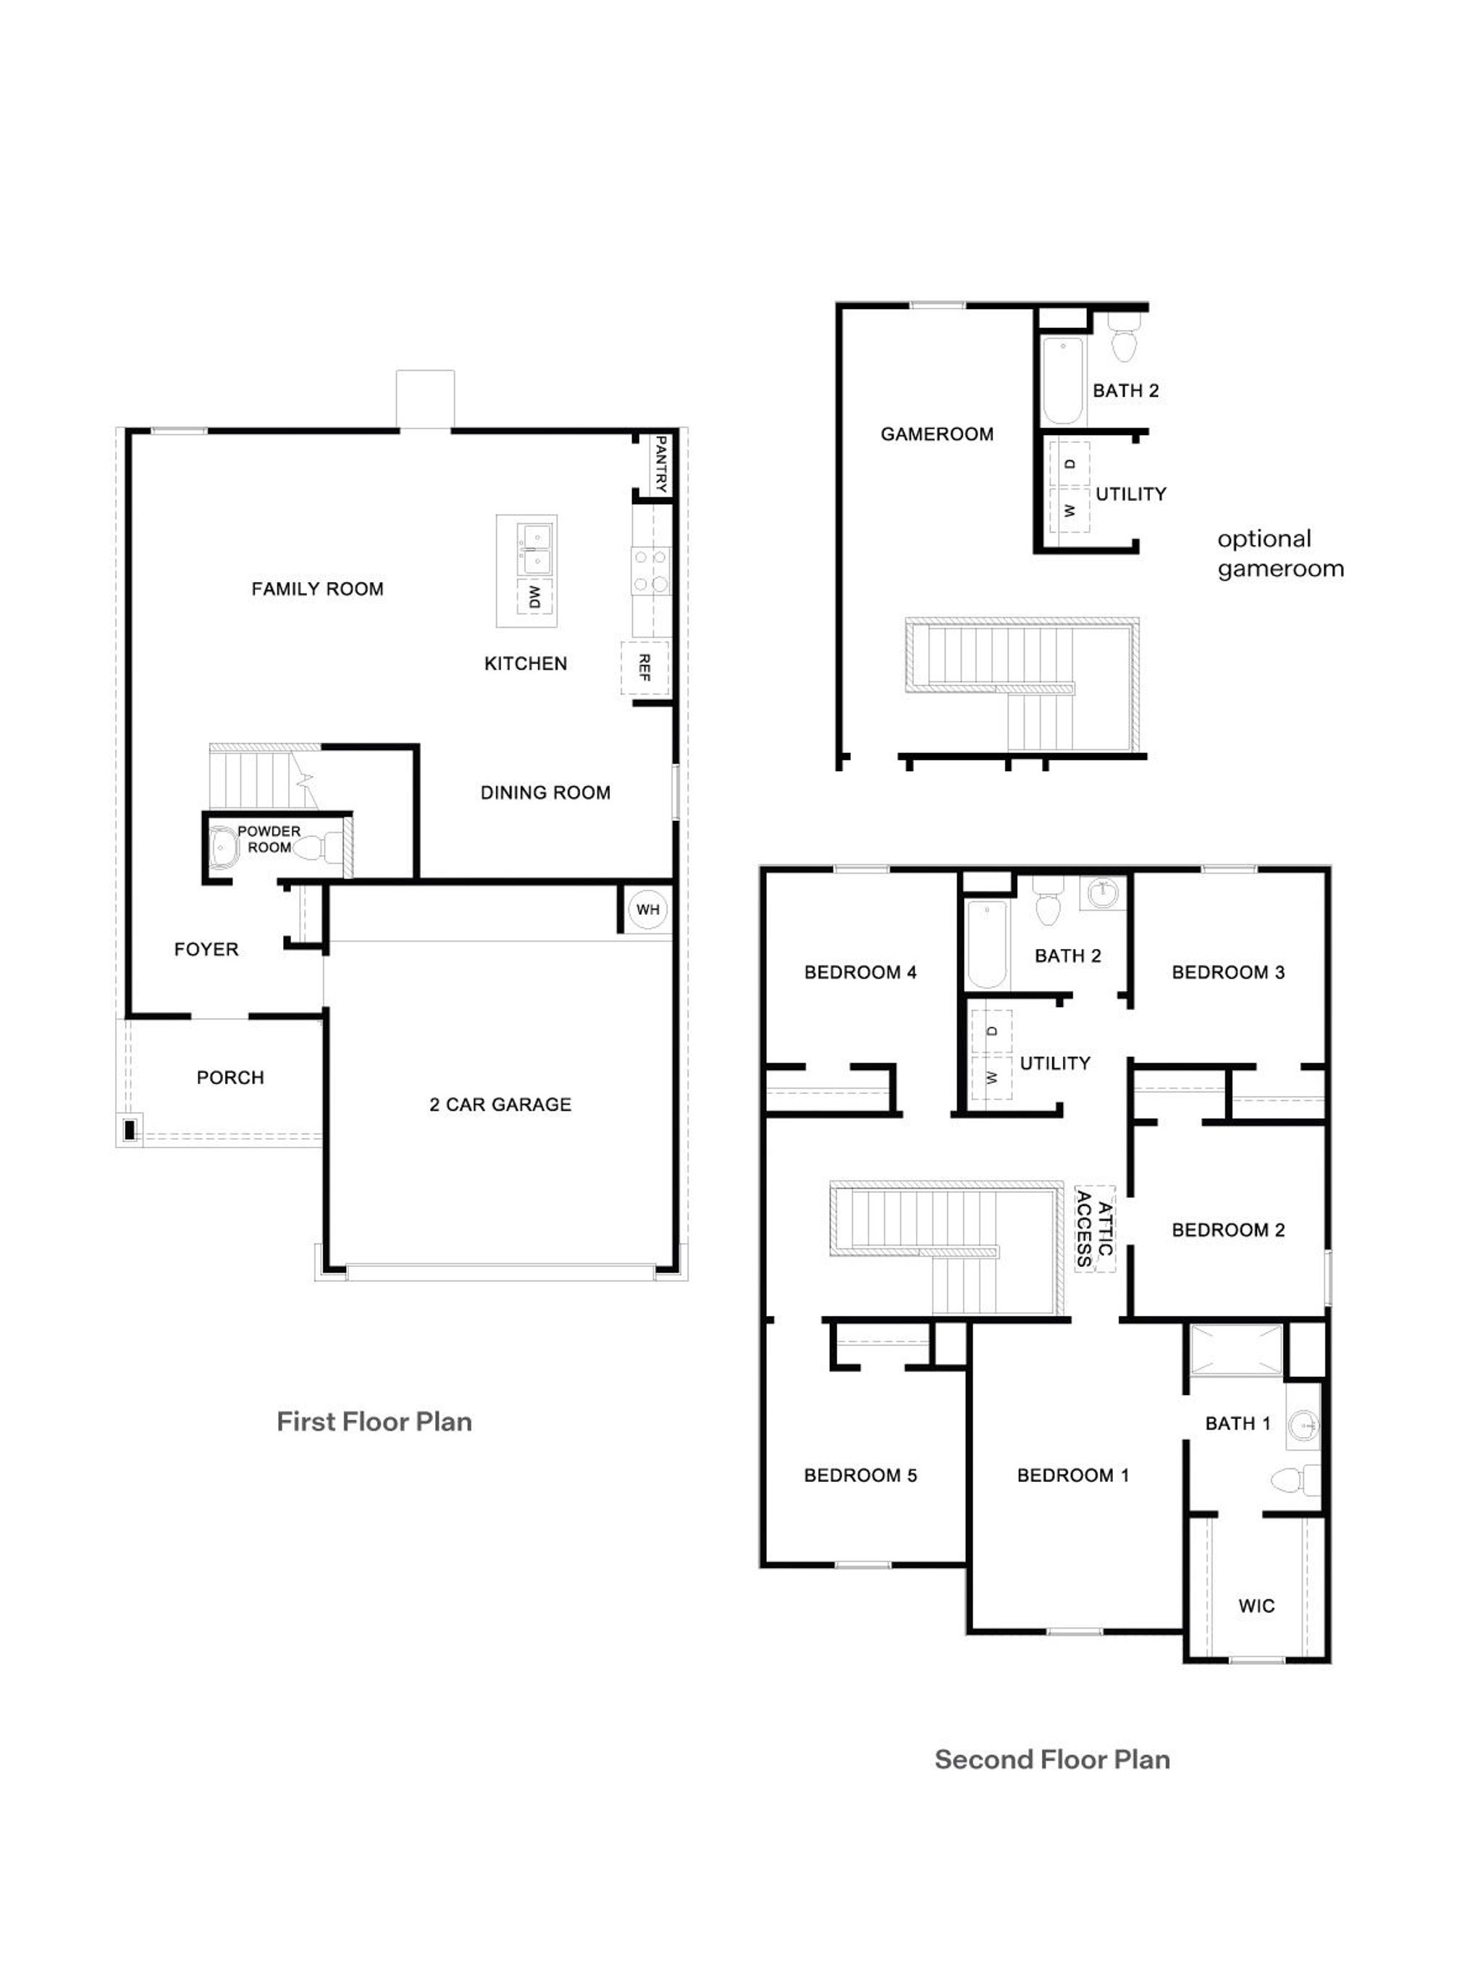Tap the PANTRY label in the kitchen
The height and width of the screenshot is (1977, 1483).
[660, 464]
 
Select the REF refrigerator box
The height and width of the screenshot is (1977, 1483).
[644, 667]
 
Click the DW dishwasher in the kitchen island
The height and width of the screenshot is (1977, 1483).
[534, 597]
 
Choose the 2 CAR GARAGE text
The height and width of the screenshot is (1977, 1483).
[500, 1104]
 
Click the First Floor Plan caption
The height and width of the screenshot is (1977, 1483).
[374, 1421]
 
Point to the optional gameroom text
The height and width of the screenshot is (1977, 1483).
[1280, 553]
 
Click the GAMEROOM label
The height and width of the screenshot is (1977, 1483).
[936, 434]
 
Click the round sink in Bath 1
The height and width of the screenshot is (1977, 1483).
[1303, 1423]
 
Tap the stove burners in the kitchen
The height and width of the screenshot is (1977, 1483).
[650, 570]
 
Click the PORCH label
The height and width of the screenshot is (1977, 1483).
[230, 1077]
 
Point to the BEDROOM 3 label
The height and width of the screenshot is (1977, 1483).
[1227, 971]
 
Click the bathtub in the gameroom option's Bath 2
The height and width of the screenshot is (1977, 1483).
[1063, 380]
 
